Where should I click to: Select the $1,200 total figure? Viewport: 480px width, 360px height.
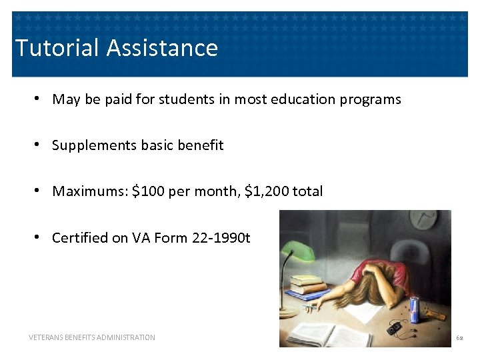tap(267, 191)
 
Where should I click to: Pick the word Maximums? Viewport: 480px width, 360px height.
tap(90, 191)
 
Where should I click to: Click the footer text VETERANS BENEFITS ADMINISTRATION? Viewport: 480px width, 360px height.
tap(92, 337)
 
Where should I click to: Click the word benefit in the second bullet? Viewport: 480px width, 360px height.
tap(203, 145)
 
